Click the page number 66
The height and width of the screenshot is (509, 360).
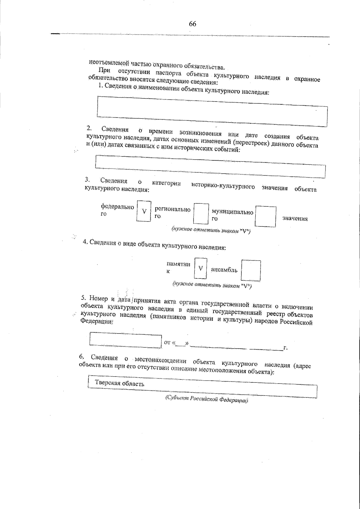[x=192, y=24]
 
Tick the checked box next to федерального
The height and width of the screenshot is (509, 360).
[x=144, y=211]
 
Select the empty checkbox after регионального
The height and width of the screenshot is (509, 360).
[x=201, y=214]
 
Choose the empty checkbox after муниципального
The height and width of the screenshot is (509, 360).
[x=265, y=216]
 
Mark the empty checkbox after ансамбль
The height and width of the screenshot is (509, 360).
[x=251, y=270]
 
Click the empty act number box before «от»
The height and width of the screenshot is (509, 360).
[x=125, y=339]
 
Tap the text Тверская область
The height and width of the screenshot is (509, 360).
[x=120, y=383]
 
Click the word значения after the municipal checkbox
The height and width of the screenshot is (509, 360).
[x=295, y=218]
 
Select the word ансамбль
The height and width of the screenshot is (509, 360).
[x=224, y=270]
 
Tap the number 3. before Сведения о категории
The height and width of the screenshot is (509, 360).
[x=87, y=179]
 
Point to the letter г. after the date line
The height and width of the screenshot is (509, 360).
[x=286, y=348]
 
